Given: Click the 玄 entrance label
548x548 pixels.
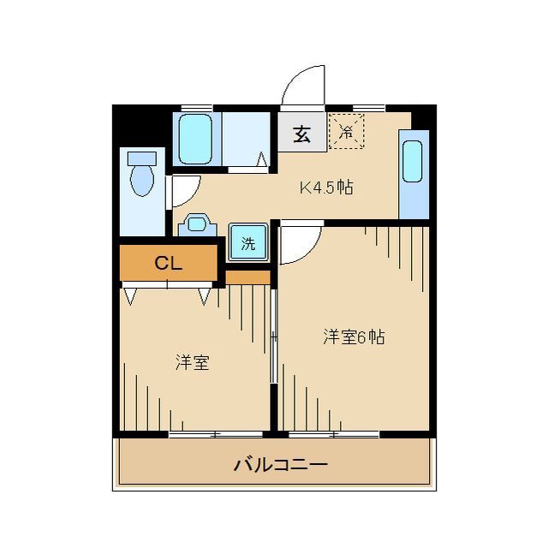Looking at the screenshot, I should [301, 134].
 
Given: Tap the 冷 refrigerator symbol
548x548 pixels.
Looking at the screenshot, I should [347, 132].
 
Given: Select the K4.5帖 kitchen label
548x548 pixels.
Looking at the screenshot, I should [325, 188].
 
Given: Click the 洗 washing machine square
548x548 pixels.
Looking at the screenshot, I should [247, 243].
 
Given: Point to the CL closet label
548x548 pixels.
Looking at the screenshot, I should [168, 264].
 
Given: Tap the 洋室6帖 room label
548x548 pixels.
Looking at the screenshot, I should [353, 337].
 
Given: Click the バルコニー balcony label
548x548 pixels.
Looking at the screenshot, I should [281, 465].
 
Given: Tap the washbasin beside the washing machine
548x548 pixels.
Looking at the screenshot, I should [199, 225].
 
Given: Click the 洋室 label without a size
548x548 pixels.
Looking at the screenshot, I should [193, 362].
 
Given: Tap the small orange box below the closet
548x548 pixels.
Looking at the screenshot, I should [247, 277].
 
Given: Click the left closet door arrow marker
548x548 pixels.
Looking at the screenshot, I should [130, 296].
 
